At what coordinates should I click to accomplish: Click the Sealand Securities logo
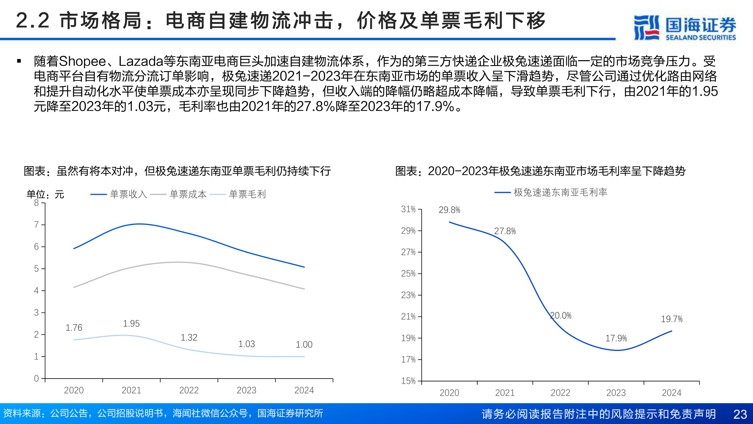click(685, 27)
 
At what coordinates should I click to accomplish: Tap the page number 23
click(740, 414)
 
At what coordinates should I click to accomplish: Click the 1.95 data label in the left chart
click(131, 323)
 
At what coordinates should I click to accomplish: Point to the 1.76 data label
click(74, 327)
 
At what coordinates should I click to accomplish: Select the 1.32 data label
click(189, 338)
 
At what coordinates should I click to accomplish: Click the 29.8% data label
click(449, 210)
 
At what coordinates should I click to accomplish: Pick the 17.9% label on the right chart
click(616, 338)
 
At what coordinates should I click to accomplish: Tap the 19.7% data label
click(671, 319)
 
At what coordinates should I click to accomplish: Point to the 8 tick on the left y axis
click(36, 203)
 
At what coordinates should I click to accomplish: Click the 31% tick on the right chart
click(408, 209)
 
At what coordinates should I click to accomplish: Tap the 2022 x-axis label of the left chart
click(189, 390)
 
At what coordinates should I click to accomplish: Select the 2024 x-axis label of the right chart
click(671, 393)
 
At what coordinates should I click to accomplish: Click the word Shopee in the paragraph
click(82, 62)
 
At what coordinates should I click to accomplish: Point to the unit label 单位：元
click(45, 194)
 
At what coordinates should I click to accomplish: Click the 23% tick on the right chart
click(408, 295)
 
